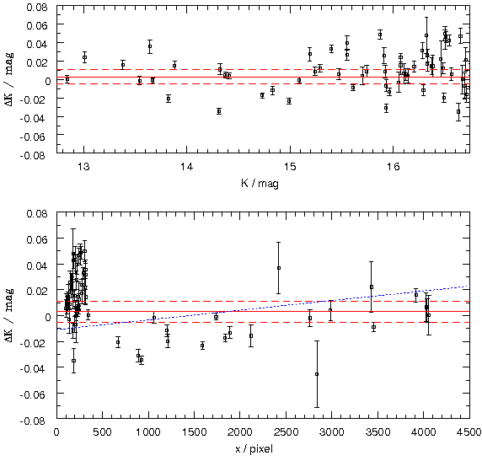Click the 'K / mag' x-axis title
260,184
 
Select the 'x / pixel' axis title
254,449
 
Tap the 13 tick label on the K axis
83,167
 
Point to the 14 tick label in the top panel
186,167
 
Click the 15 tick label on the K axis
290,167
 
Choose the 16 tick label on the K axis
393,167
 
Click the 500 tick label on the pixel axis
102,432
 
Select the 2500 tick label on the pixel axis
286,432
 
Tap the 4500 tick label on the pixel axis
469,432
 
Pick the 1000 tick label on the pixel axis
148,432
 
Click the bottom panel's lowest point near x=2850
317,374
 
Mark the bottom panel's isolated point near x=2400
279,268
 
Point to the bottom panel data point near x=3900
416,295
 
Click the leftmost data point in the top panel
67,79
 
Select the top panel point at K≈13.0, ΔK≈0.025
84,57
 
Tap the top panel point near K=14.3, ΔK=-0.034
219,111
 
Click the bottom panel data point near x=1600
202,346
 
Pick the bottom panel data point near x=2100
251,335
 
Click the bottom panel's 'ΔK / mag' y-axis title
9,316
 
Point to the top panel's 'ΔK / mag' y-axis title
9,80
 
